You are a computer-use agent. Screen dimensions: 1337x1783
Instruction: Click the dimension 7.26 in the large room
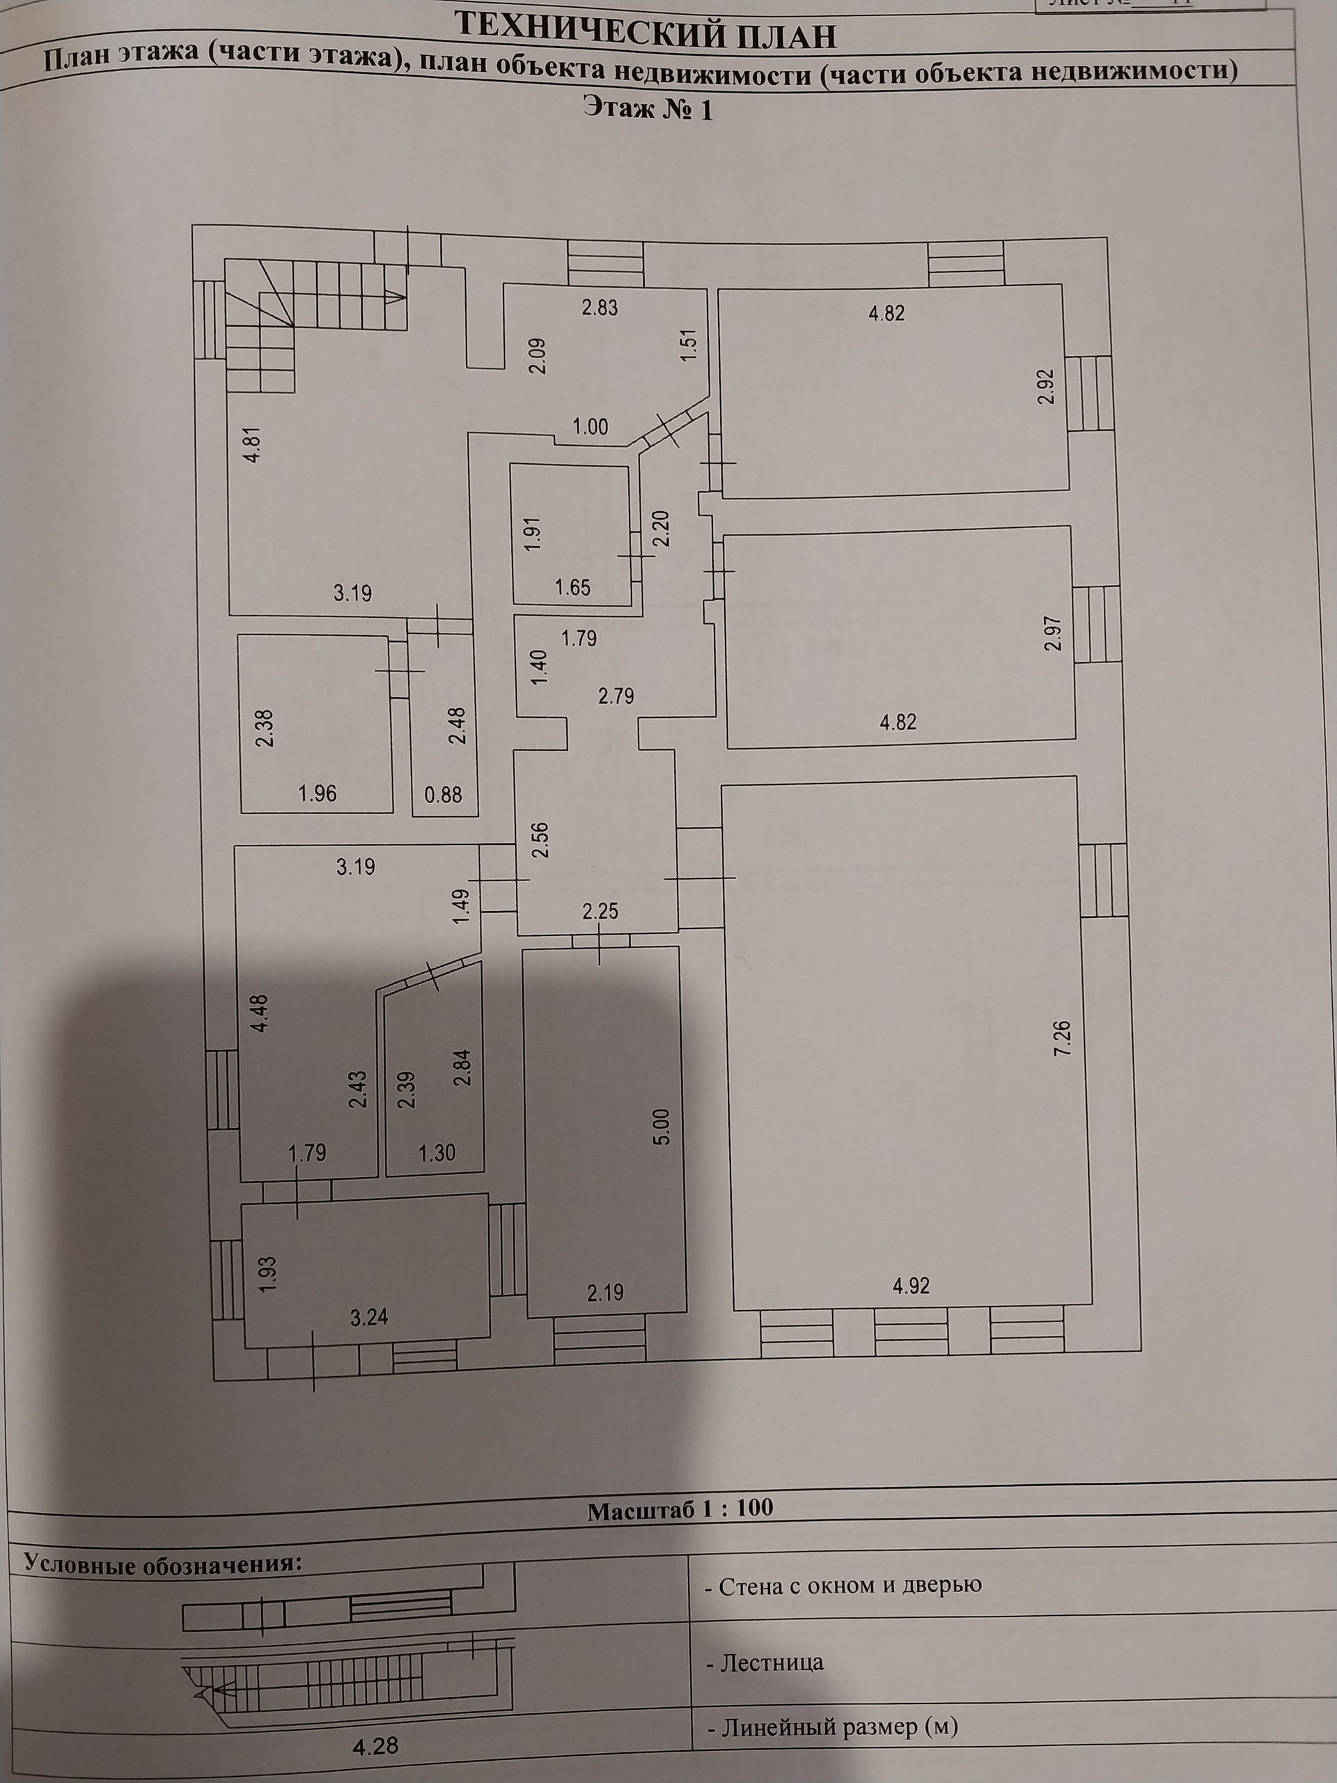point(1064,1038)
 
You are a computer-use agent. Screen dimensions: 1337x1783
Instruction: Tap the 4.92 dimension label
point(911,1286)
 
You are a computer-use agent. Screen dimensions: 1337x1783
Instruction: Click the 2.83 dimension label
point(600,307)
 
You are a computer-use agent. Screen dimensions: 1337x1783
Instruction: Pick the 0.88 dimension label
point(444,795)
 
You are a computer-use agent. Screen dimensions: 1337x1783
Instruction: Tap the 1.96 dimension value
point(318,794)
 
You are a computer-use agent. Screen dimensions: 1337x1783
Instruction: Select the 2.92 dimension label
point(1047,386)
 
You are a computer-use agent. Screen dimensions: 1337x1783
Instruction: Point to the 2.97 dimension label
point(1051,634)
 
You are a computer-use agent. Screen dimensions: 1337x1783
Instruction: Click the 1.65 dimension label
point(572,588)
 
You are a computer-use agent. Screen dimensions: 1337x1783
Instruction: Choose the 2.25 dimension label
point(600,912)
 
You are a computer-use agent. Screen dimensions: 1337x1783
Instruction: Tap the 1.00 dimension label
point(590,426)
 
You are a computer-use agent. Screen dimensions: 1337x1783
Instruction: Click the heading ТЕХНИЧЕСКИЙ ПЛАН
point(646,34)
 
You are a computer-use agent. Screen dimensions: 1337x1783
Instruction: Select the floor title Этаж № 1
point(648,109)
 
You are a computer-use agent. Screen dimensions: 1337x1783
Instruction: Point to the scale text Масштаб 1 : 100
point(680,1509)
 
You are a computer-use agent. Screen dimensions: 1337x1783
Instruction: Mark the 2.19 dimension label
point(605,1292)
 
